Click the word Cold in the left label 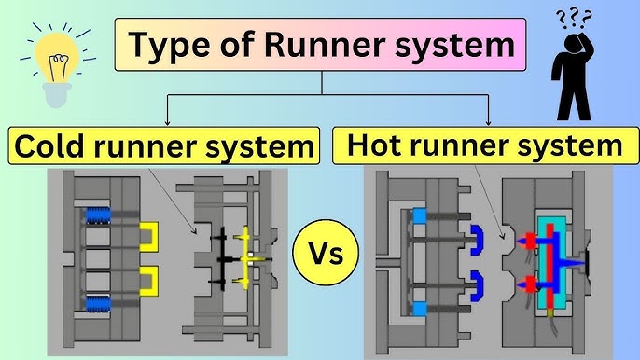(54, 147)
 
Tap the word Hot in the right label (378, 145)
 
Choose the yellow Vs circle (320, 252)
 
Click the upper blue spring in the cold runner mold (98, 215)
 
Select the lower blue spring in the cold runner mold (98, 303)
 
